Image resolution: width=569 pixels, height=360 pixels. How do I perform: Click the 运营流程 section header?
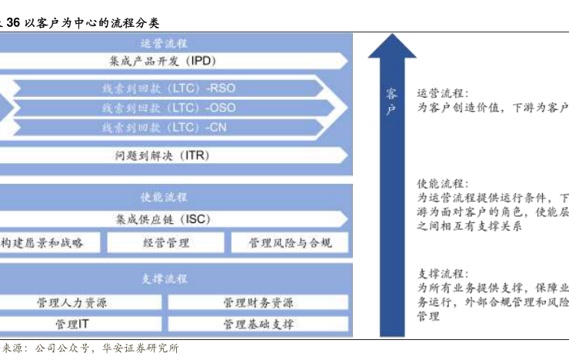[x=165, y=44]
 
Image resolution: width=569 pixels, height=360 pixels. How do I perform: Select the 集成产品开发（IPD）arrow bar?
[x=165, y=60]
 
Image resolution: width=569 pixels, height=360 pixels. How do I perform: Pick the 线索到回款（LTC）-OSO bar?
[x=169, y=108]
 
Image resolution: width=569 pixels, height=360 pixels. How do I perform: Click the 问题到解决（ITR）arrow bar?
[x=165, y=155]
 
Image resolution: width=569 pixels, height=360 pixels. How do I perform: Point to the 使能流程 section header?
[x=165, y=197]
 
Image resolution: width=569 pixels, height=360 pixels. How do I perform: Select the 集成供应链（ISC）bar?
[x=165, y=219]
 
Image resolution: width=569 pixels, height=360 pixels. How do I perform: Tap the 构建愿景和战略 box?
[x=42, y=243]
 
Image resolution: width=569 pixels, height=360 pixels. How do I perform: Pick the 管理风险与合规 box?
[x=290, y=243]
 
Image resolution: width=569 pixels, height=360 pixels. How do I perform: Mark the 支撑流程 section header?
[x=165, y=278]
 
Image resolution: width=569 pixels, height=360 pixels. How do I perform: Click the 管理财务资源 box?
[x=258, y=303]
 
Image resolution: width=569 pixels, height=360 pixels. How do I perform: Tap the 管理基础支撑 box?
[x=258, y=324]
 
